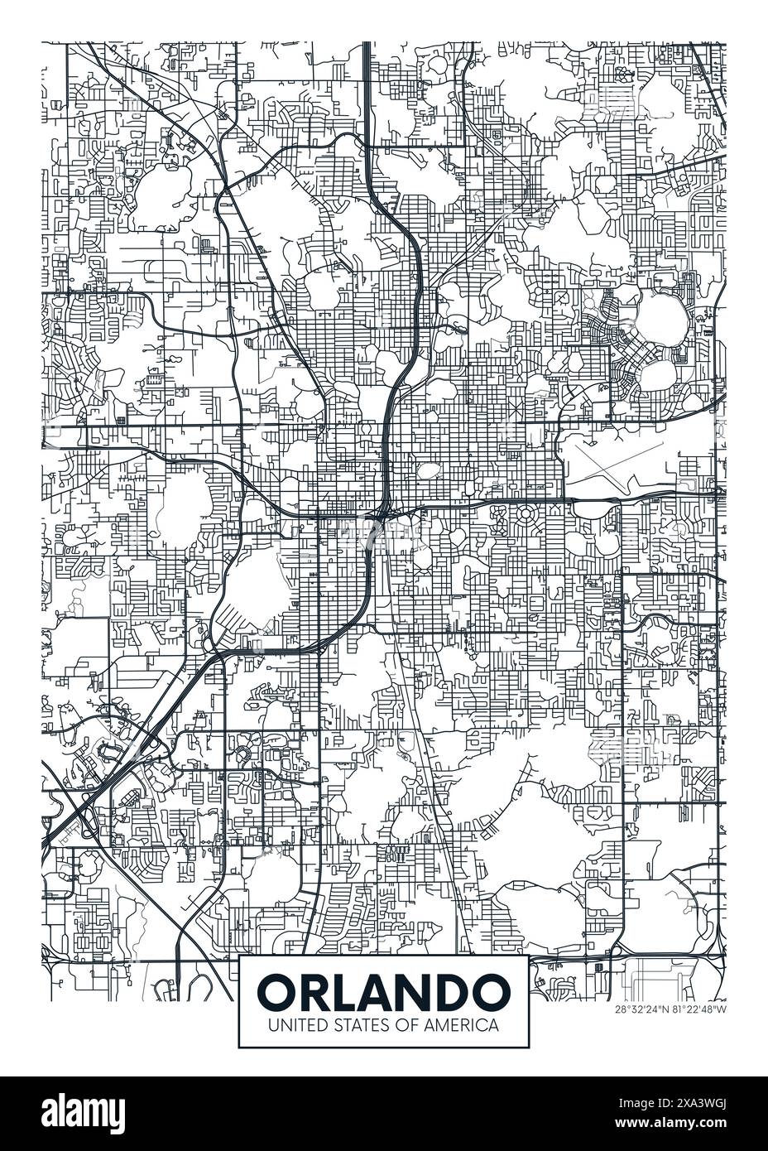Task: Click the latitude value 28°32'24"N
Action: [642, 1009]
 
